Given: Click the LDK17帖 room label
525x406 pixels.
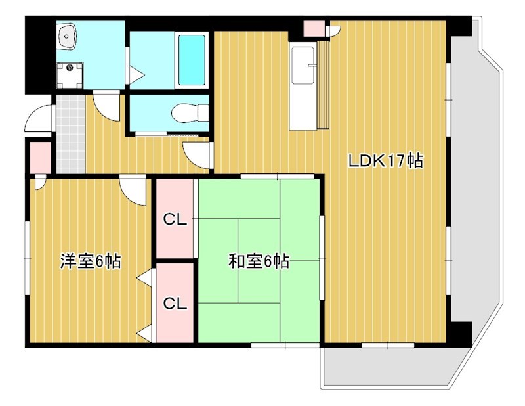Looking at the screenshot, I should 385,161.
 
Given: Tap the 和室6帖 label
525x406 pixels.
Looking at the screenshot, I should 259,261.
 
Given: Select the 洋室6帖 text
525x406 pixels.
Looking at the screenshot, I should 90,261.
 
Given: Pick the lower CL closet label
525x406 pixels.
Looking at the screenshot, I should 175,304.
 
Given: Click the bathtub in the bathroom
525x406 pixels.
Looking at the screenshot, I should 192,60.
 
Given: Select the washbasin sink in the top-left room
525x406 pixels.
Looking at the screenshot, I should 68,36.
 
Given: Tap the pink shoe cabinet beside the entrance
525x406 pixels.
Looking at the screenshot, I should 39,156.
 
